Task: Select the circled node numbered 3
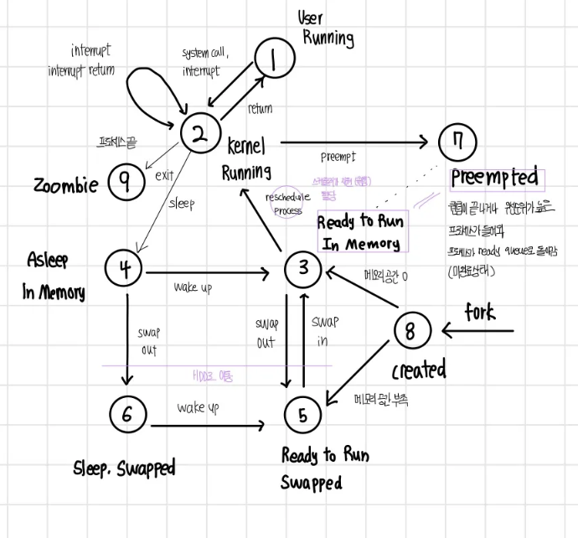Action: tap(302, 268)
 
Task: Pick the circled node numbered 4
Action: tap(125, 268)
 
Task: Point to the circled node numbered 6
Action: tap(127, 413)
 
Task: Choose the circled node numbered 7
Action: tap(457, 142)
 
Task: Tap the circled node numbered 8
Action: tap(410, 330)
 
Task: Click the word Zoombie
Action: tap(65, 185)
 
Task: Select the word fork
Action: tap(481, 313)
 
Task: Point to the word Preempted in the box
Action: tap(494, 178)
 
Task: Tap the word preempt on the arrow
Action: tap(338, 157)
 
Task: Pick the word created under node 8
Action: tap(419, 370)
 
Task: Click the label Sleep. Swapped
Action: tap(125, 467)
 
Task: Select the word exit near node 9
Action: tap(164, 177)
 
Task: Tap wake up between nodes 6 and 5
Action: tap(198, 408)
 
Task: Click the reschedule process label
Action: tap(284, 204)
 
